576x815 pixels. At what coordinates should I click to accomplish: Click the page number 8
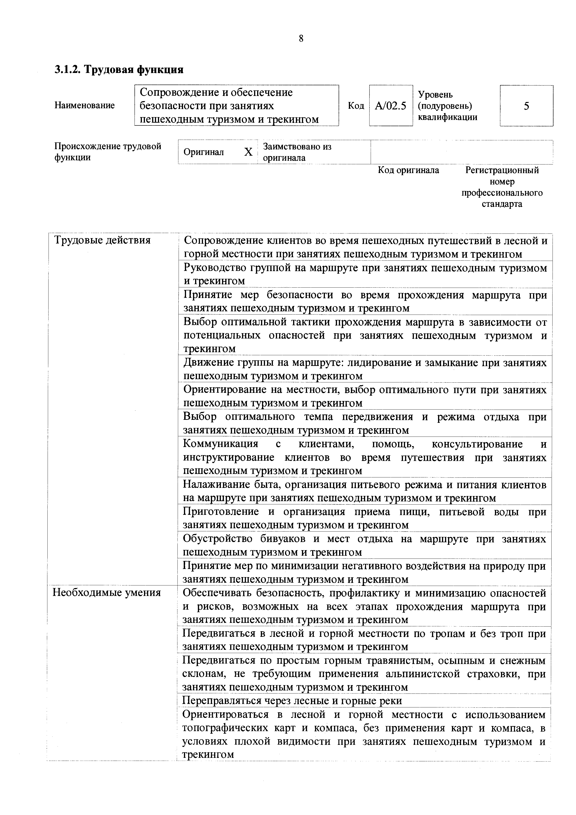[301, 38]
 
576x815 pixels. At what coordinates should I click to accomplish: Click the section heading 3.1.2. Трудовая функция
[119, 69]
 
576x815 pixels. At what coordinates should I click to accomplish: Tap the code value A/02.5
[390, 106]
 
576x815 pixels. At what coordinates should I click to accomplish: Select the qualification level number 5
[526, 106]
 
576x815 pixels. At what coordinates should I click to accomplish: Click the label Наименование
[85, 105]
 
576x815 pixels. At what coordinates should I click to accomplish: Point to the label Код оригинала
[408, 170]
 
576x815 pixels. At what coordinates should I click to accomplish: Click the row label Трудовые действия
[102, 240]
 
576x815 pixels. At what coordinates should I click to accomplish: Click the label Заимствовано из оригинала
[297, 152]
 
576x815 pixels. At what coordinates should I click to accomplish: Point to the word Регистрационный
[502, 170]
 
